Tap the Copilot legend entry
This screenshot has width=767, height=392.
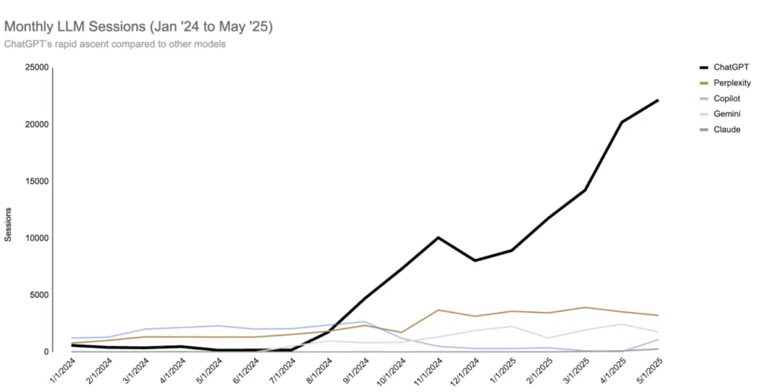click(727, 98)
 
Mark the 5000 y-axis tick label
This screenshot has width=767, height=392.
click(40, 295)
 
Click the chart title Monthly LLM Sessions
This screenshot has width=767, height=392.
click(139, 27)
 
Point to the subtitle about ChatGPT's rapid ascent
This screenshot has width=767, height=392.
click(115, 43)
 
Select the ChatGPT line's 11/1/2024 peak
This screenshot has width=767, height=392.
click(438, 238)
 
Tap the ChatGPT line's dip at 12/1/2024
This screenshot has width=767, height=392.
click(475, 261)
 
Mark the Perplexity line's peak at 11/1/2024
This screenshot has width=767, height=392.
click(438, 310)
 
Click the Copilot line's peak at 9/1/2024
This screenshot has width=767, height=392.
click(365, 322)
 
